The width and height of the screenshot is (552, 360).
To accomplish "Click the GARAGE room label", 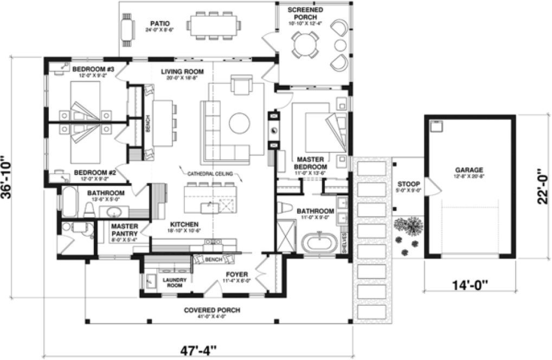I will tap(469, 170).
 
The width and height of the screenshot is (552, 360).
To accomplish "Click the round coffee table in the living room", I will tap(239, 123).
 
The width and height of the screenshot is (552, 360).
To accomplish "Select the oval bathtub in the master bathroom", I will tap(319, 242).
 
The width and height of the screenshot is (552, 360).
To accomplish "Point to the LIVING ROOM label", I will tap(182, 72).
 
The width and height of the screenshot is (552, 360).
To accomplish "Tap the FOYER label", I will tap(237, 274).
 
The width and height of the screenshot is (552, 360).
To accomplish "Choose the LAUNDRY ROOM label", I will tap(175, 282).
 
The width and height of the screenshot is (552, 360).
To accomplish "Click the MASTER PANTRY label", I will tap(124, 230).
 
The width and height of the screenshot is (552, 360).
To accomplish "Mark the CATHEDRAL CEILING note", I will tap(210, 174).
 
